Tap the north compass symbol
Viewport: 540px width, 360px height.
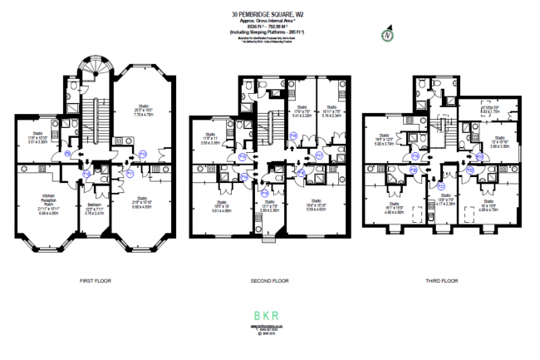[385, 37]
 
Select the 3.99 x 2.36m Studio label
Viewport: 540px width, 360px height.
[268, 206]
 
